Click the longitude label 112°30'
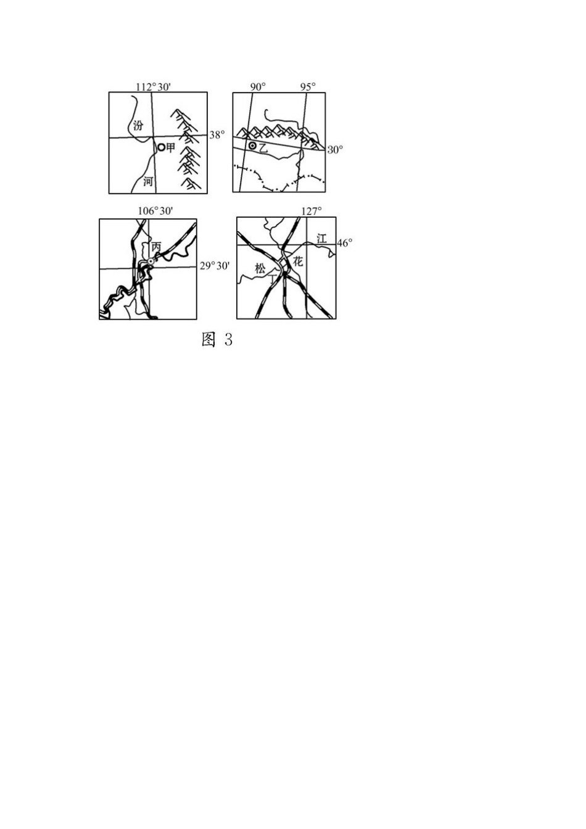coord(153,87)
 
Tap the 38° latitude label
coord(217,134)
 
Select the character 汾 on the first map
coord(138,126)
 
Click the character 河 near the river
coord(148,182)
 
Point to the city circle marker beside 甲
coord(162,147)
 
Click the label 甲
coord(170,147)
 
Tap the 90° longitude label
coord(258,87)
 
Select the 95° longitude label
coord(308,87)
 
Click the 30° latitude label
coord(335,150)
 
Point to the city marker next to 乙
coord(252,146)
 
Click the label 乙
coord(262,149)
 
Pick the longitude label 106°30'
coord(155,211)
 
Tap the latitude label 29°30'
coord(215,266)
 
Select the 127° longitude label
coord(312,211)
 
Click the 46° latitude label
coord(345,243)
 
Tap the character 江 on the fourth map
coord(322,239)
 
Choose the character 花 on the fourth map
coord(298,262)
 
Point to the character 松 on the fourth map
coord(260,268)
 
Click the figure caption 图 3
coord(217,339)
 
